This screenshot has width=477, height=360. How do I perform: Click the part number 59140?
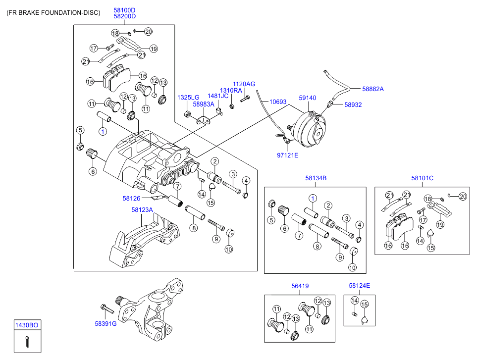click(x=307, y=98)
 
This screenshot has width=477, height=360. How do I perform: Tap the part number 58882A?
click(x=373, y=89)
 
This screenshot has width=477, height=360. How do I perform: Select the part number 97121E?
click(x=287, y=155)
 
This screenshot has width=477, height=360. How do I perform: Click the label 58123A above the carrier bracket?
click(x=142, y=210)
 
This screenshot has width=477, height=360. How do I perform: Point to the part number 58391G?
click(x=106, y=324)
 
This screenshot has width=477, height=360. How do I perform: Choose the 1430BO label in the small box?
click(x=27, y=325)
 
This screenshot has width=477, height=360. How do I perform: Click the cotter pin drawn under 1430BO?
click(x=27, y=341)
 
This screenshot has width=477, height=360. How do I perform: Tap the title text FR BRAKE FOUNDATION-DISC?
click(x=53, y=13)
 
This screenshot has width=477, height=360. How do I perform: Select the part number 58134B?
click(x=316, y=178)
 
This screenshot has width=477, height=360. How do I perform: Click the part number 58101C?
click(x=422, y=178)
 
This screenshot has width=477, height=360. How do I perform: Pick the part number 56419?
click(x=300, y=286)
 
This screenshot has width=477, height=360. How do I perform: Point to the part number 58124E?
click(x=359, y=286)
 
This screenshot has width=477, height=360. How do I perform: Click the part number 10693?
click(x=278, y=102)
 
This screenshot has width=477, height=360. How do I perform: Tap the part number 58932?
click(x=353, y=105)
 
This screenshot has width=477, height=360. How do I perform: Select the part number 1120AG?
click(x=244, y=84)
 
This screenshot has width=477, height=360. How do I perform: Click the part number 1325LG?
click(x=188, y=98)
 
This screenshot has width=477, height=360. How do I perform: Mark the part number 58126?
click(x=131, y=199)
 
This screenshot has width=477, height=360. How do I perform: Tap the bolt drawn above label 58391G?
click(x=107, y=309)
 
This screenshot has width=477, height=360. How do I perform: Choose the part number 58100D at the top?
click(x=124, y=10)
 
